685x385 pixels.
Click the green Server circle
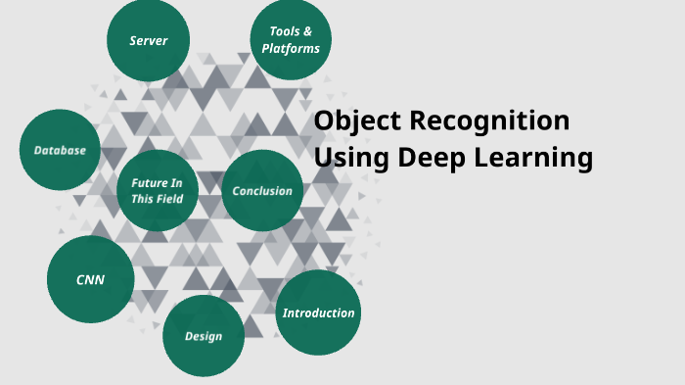tap(148, 41)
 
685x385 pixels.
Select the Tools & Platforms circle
tap(291, 40)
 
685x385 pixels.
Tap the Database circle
tap(60, 150)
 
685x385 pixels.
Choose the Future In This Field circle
tap(157, 190)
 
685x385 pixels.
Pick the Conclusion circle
tap(262, 191)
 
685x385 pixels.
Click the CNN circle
tap(90, 280)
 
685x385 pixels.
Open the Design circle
tap(204, 336)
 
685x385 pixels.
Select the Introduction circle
tap(318, 313)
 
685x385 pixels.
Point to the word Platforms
tap(291, 48)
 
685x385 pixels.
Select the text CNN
tap(90, 280)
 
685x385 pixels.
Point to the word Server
tap(148, 41)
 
